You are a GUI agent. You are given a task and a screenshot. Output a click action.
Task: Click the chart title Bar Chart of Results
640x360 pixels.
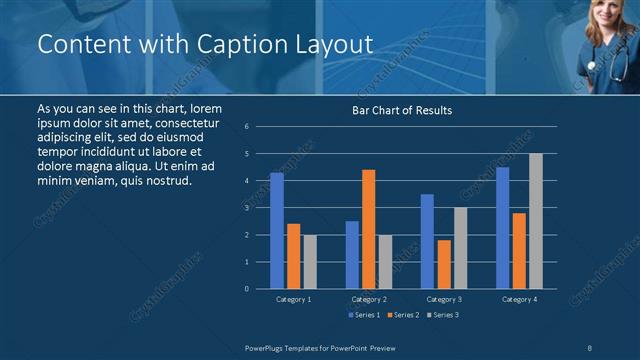coord(401,110)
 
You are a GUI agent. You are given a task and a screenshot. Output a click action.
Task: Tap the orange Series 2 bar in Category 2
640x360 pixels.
coord(368,229)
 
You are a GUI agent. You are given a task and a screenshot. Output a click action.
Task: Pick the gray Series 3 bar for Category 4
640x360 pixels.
coord(536,221)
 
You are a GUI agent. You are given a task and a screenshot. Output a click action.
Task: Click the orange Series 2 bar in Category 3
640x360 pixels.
coord(444,264)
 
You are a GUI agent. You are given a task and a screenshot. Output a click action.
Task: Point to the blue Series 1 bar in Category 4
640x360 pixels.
coord(502,228)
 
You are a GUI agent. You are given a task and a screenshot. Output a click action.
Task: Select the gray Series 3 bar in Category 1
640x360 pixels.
coord(310,261)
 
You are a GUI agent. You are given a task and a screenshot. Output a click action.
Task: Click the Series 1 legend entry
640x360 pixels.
coord(364,315)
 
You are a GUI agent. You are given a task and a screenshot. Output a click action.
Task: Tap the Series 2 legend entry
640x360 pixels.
coord(402,315)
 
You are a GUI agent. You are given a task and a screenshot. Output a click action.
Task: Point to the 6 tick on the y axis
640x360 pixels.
coord(247,127)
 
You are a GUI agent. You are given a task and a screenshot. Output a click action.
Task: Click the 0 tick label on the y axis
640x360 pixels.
coord(247,289)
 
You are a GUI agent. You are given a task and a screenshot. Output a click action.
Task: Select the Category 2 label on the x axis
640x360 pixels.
coord(369,299)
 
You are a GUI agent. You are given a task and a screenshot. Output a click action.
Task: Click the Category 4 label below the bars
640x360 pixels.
coord(519,299)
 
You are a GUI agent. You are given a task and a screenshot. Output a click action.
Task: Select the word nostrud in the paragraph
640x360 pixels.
coord(163,180)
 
